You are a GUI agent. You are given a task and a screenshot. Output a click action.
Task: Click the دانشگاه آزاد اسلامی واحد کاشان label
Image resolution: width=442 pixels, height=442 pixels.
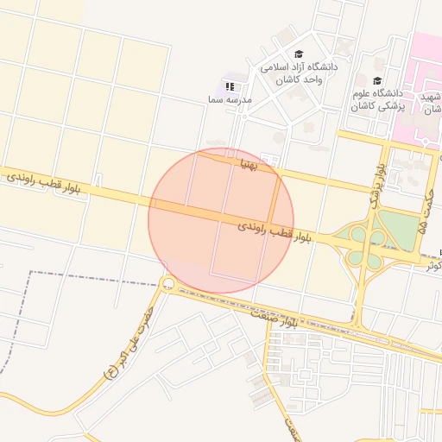pyautogui.click(x=299, y=73)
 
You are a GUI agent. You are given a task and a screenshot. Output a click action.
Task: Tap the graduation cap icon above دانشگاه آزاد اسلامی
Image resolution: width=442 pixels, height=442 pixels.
pyautogui.click(x=299, y=54)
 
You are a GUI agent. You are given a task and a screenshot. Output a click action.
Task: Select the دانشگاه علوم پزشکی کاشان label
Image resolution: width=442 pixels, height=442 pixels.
pyautogui.click(x=377, y=99)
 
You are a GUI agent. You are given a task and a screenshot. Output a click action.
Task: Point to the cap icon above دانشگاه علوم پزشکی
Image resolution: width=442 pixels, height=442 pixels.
pyautogui.click(x=377, y=80)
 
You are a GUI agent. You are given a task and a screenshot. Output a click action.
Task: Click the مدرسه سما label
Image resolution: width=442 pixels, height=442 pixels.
pyautogui.click(x=229, y=100)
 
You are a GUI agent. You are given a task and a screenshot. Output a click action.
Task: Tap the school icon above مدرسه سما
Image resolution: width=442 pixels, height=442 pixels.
pyautogui.click(x=230, y=86)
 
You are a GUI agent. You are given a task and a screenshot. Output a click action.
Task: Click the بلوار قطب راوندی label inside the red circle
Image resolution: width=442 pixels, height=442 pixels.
pyautogui.click(x=263, y=230)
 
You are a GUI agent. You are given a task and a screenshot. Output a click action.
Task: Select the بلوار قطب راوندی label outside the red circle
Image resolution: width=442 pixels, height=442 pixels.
pyautogui.click(x=47, y=183)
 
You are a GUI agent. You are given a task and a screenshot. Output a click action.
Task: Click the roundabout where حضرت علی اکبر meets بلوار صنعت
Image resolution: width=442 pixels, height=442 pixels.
pyautogui.click(x=167, y=284)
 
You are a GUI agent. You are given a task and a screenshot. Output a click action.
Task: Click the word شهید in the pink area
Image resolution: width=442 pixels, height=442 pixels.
pyautogui.click(x=432, y=97)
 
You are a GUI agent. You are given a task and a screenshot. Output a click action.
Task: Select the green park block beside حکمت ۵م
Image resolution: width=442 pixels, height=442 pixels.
pyautogui.click(x=398, y=229)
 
